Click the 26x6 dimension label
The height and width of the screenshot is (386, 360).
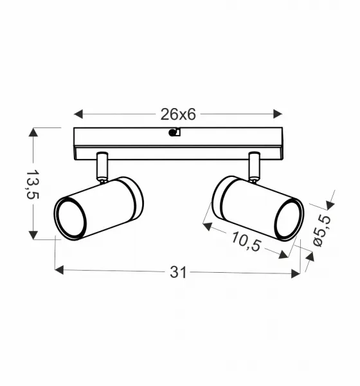178,115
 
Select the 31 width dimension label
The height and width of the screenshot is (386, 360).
179,272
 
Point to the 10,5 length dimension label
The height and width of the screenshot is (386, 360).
246,242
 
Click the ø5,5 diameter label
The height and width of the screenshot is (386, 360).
321,231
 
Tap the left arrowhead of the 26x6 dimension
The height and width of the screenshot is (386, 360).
78,115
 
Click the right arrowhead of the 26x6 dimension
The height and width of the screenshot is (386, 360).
278,114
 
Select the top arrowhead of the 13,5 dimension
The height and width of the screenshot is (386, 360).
33,132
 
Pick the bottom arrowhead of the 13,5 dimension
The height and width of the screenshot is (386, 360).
33,235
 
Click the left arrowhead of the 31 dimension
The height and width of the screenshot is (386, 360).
59,270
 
